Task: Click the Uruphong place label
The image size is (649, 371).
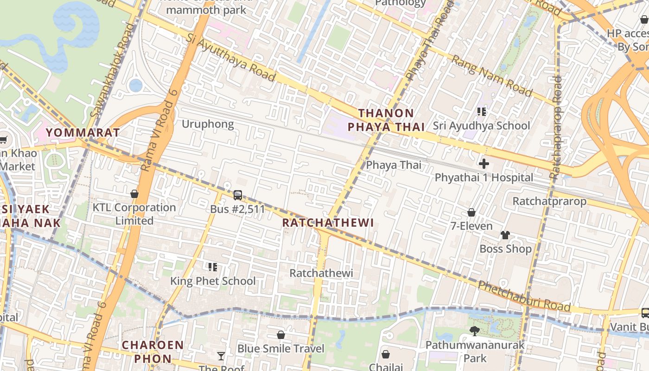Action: (x=208, y=124)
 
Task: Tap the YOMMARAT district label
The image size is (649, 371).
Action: (x=83, y=133)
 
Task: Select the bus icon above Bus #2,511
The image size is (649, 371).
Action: (x=238, y=195)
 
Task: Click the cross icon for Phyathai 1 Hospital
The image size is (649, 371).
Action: (x=484, y=164)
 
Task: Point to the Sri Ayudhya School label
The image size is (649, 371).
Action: (x=481, y=126)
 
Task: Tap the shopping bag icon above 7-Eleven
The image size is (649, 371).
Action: (x=471, y=212)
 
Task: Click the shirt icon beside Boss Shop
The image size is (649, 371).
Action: (x=505, y=235)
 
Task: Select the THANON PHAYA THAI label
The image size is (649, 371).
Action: (x=386, y=120)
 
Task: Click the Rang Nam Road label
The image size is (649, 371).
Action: (x=492, y=76)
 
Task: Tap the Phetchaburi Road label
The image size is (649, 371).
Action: (x=524, y=296)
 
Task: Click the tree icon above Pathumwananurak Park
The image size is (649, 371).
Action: (x=474, y=331)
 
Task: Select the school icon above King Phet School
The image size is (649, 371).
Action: (x=213, y=267)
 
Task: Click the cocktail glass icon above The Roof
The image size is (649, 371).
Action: (x=221, y=356)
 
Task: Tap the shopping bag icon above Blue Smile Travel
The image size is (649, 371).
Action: (x=280, y=335)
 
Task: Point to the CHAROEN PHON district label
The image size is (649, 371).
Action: (x=153, y=352)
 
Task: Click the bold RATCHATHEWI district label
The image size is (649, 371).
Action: (x=328, y=223)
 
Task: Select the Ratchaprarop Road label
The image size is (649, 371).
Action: (x=555, y=128)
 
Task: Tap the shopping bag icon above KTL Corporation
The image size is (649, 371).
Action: (x=134, y=194)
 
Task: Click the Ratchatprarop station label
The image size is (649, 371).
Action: (x=549, y=201)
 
